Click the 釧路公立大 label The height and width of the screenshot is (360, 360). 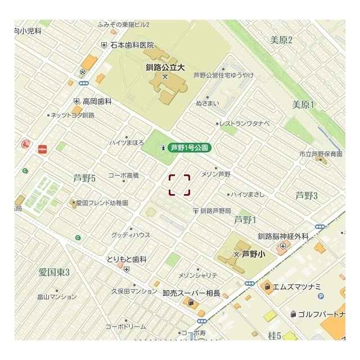coord(165,66)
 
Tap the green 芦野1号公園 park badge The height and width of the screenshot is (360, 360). coord(190,148)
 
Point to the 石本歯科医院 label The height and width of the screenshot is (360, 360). coord(132,45)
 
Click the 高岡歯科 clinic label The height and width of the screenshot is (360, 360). coord(97,101)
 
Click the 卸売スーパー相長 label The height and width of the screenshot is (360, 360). coord(191,293)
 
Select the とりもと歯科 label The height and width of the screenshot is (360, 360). coord(127,260)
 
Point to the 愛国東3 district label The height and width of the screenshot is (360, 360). coord(54,273)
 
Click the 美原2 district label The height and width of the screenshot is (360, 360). coord(281,40)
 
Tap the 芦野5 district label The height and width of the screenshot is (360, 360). coord(85,178)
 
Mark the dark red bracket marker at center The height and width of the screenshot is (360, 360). coord(179,184)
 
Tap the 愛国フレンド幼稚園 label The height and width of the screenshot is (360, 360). coord(101,202)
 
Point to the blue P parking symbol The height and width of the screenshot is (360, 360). coord(321,296)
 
